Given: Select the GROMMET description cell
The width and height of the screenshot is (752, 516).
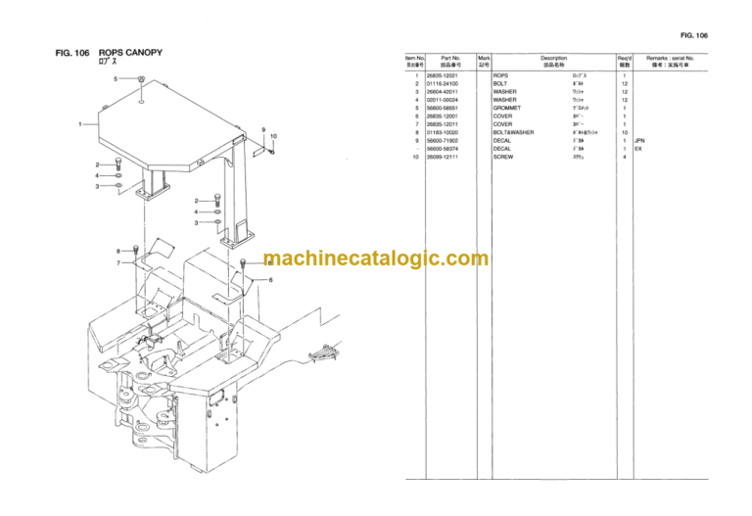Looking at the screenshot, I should [507, 108].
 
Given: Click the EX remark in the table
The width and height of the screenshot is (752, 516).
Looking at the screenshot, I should [638, 149].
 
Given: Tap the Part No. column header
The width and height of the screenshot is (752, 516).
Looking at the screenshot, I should [450, 62].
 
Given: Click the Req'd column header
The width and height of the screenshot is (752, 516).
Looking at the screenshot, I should [624, 62].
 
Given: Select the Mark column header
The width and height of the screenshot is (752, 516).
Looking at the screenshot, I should [484, 62].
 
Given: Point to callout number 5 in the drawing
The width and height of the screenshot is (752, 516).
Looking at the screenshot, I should [116, 78].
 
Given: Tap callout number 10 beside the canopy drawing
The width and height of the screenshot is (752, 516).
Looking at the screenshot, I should [273, 136].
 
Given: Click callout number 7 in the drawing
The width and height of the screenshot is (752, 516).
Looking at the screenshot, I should [118, 262].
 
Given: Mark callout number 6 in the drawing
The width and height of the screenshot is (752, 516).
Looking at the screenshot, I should [271, 280].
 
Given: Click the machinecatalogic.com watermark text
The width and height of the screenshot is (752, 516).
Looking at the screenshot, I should [375, 259].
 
